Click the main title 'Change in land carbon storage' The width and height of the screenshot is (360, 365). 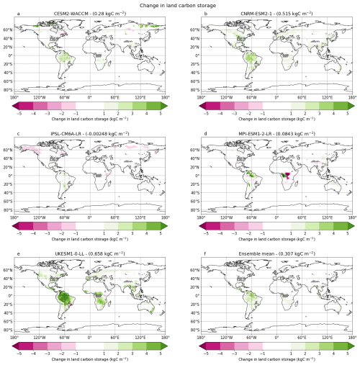point(180,5)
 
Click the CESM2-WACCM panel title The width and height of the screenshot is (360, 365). point(90,14)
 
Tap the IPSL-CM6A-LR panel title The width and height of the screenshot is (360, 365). point(90,134)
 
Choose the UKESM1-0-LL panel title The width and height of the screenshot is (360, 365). point(90,254)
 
